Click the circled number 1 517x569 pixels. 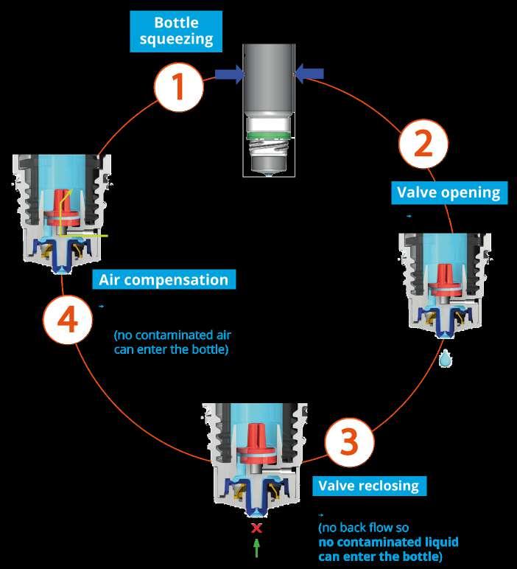(177, 86)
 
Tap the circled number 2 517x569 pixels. (423, 145)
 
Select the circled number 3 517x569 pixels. (348, 443)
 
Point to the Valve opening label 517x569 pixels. (449, 193)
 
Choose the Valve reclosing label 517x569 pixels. (367, 486)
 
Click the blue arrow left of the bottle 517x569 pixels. (229, 72)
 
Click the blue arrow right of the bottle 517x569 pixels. (310, 72)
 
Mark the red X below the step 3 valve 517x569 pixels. (256, 528)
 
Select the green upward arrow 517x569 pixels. (256, 547)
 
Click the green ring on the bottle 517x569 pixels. (269, 136)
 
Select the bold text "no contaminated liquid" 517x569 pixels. (388, 542)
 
